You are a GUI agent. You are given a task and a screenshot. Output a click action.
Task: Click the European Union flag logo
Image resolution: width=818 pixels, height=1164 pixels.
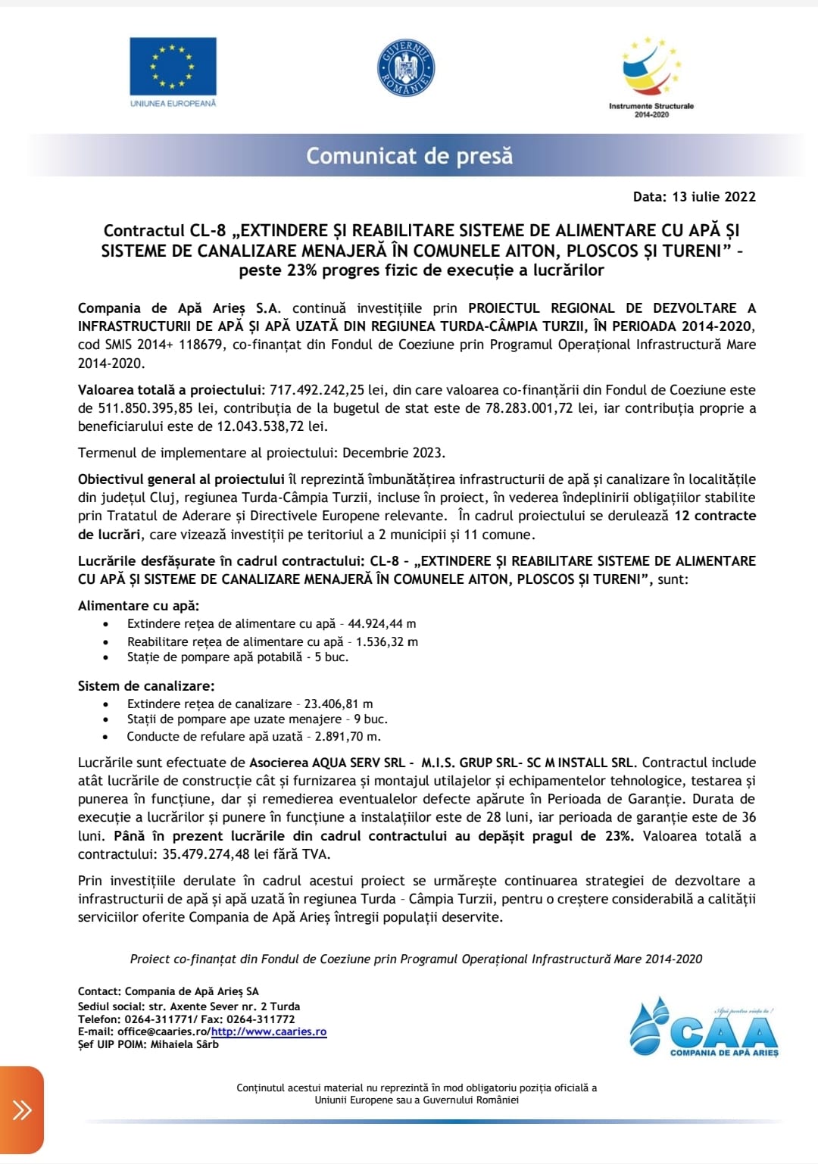(x=173, y=66)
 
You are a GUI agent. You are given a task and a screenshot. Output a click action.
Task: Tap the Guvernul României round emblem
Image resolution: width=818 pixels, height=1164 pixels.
(x=406, y=68)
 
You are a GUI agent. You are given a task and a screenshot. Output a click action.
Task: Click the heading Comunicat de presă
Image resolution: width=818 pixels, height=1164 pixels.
(x=409, y=156)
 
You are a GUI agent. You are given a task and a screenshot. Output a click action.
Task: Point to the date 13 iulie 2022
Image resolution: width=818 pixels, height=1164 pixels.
(x=713, y=197)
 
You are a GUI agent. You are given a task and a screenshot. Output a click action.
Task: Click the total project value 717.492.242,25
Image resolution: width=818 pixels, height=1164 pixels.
(x=317, y=390)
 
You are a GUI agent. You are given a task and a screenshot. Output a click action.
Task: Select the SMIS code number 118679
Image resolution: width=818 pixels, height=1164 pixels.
(x=201, y=345)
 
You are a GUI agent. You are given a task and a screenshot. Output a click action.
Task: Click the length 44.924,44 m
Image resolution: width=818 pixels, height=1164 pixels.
(x=382, y=624)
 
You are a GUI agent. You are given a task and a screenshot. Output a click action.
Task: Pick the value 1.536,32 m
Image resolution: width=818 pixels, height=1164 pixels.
(x=387, y=641)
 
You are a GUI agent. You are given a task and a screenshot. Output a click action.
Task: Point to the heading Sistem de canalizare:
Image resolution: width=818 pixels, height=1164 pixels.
(x=146, y=686)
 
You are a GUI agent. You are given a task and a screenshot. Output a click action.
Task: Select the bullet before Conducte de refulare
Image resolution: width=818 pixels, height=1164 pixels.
(x=107, y=737)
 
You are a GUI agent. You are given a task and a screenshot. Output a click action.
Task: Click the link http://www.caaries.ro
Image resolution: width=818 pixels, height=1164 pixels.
(x=269, y=1031)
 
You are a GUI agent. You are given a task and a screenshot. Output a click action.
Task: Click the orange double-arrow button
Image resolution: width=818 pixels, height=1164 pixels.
(x=22, y=1110)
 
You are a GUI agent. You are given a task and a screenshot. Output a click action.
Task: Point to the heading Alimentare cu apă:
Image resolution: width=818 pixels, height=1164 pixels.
(x=139, y=606)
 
